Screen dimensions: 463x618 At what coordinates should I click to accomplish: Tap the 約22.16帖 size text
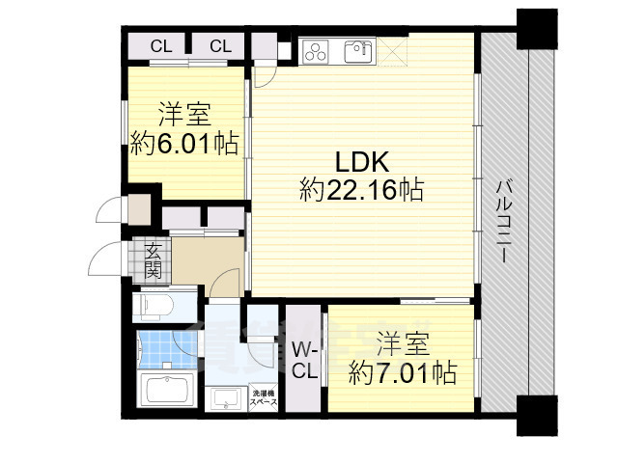[x=361, y=190]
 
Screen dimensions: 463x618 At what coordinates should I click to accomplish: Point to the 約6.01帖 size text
[x=185, y=144]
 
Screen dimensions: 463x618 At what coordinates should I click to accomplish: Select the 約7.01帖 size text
[x=403, y=372]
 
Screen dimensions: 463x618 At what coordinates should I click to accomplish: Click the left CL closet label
[x=161, y=46]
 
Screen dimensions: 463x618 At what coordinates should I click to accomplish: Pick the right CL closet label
[x=221, y=46]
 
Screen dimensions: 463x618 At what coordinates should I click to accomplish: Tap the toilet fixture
[x=154, y=307]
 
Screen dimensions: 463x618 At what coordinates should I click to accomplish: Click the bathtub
[x=170, y=393]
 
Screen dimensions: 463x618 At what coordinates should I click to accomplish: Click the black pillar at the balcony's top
[x=537, y=26]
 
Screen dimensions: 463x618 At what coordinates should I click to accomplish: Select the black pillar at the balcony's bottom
[x=537, y=417]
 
